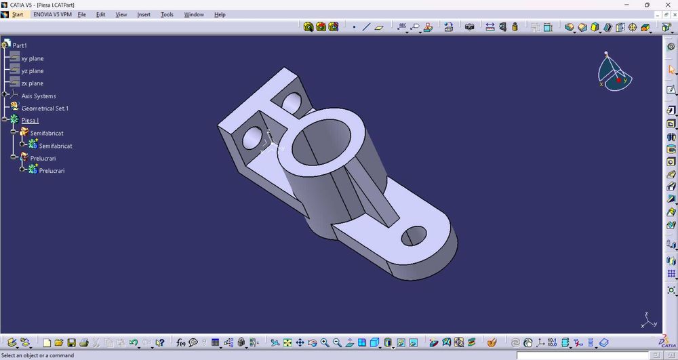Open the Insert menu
(144, 14)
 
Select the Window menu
(194, 14)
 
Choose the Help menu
(220, 14)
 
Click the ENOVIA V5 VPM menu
(52, 14)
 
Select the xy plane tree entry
(33, 58)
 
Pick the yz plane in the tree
(33, 71)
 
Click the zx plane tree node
(33, 83)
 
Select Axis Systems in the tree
(39, 96)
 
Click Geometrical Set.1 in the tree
(45, 108)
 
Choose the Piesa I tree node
(30, 121)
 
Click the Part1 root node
(20, 45)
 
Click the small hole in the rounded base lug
(414, 236)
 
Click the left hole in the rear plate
(252, 137)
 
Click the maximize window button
(647, 5)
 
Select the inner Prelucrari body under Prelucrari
(52, 171)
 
